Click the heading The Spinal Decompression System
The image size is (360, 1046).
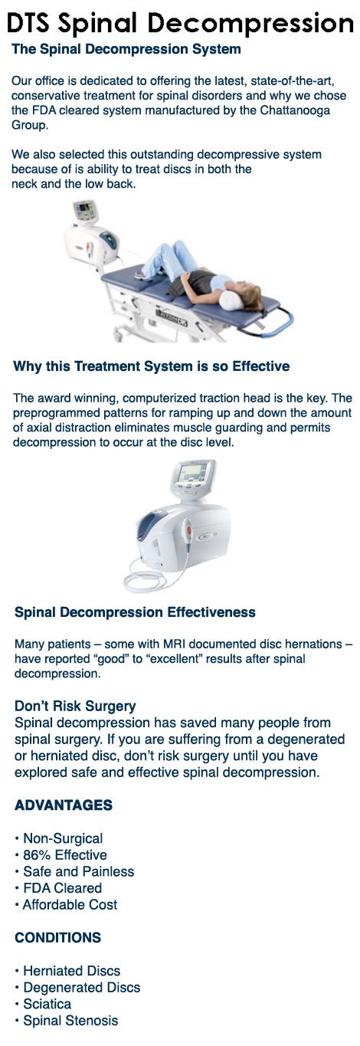(x=126, y=49)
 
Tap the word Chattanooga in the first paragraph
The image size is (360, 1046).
(x=295, y=110)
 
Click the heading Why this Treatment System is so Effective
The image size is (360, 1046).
(x=152, y=366)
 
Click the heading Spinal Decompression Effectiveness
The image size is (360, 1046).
(x=135, y=612)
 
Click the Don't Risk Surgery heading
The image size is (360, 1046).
(x=75, y=706)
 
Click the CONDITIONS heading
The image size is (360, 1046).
(x=58, y=937)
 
